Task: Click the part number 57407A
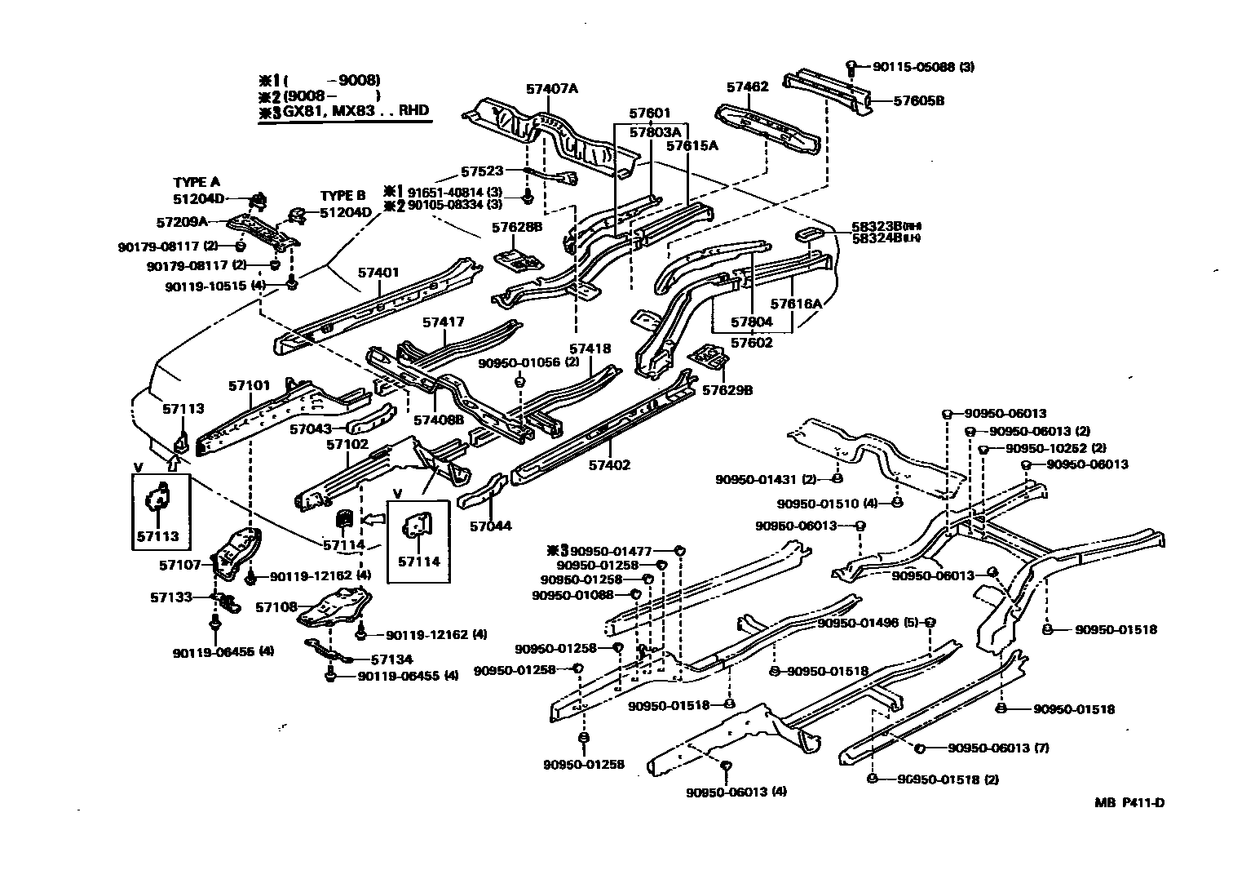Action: tap(551, 88)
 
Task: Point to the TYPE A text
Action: tap(197, 183)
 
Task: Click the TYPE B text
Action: tap(342, 196)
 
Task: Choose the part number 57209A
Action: tap(182, 221)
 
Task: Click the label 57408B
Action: tap(439, 420)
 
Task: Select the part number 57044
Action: tap(490, 526)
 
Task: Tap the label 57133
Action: tap(171, 597)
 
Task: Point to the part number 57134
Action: tap(391, 659)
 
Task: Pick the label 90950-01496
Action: tap(857, 623)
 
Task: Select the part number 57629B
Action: tap(727, 390)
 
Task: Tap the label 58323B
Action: tap(876, 226)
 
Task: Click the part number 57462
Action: tap(747, 87)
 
